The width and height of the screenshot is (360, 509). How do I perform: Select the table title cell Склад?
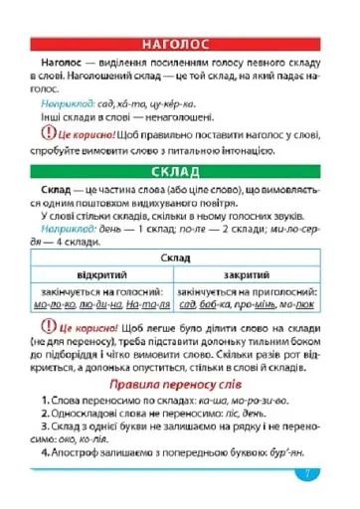point(181,256)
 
